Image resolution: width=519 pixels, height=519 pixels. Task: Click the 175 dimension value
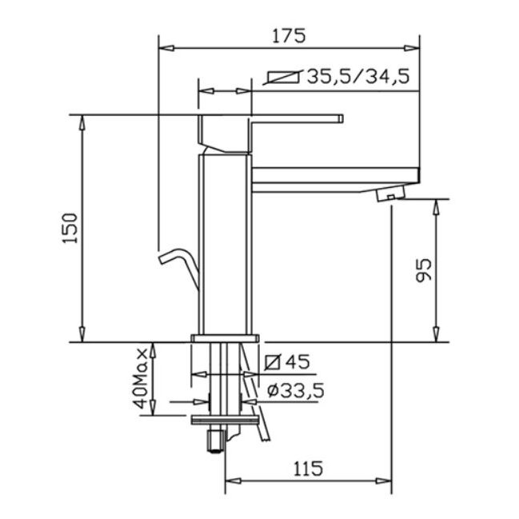[289, 36]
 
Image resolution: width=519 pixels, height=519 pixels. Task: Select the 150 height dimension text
[70, 229]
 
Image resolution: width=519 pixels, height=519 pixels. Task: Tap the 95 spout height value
[424, 270]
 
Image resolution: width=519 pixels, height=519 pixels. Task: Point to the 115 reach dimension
[308, 469]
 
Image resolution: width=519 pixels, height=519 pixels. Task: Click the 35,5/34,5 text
[358, 77]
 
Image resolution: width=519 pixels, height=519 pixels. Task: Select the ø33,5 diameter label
[296, 390]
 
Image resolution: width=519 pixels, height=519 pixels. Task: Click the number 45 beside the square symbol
[297, 361]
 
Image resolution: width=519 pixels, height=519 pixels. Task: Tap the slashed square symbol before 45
[273, 361]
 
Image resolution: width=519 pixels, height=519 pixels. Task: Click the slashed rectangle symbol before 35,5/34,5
[283, 78]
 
